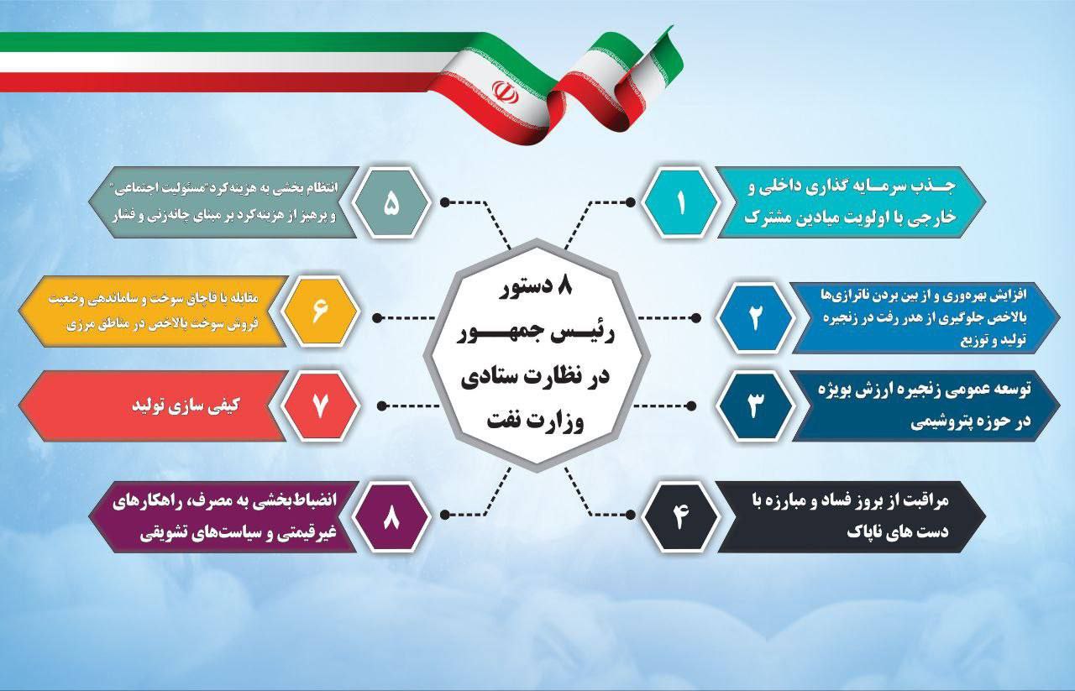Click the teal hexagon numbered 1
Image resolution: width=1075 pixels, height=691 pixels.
680,202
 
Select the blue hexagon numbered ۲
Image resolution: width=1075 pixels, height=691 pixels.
754,318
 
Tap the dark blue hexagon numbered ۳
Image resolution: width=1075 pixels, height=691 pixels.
754,406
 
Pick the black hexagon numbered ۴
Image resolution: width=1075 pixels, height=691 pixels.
680,516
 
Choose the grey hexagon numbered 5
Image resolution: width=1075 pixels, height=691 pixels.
391,202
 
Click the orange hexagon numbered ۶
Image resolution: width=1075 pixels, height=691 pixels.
320,311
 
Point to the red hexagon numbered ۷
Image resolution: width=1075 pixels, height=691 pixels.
320,406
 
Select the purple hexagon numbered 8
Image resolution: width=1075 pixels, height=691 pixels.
391,516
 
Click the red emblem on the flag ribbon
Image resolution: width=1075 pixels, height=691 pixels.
505,92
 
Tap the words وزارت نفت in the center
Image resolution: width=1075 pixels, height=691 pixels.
535,422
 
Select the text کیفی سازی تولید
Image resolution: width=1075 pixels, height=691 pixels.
186,406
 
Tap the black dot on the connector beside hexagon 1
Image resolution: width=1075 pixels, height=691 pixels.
630,202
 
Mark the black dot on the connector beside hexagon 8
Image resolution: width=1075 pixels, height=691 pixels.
445,515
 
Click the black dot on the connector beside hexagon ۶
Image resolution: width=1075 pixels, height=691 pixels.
377,317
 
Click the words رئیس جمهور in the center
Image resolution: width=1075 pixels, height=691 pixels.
535,333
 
